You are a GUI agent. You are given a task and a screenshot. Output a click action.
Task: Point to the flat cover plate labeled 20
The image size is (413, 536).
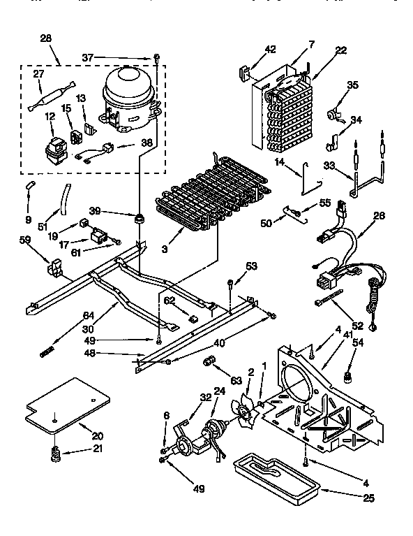(66, 405)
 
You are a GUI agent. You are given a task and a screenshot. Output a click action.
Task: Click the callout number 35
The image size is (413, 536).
(352, 85)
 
